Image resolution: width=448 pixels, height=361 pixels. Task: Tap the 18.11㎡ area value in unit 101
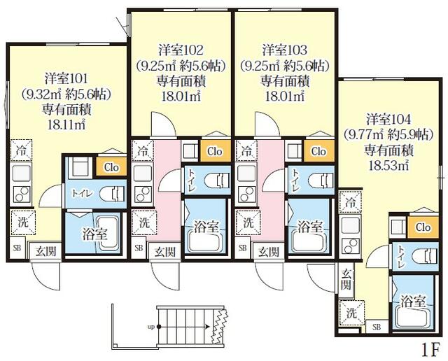click(x=66, y=125)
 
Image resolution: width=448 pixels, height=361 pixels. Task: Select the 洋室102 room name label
click(x=181, y=50)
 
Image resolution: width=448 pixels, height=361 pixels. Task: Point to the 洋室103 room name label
click(x=286, y=50)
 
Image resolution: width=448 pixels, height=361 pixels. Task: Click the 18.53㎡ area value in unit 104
click(x=389, y=165)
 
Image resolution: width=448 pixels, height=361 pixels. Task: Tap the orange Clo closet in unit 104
click(x=422, y=227)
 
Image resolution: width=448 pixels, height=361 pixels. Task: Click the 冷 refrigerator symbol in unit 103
click(x=246, y=150)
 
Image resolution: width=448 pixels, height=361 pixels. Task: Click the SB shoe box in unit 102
click(x=138, y=248)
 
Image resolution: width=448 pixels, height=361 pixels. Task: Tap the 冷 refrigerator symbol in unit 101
click(x=21, y=149)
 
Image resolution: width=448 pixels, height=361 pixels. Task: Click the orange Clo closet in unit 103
click(x=318, y=151)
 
